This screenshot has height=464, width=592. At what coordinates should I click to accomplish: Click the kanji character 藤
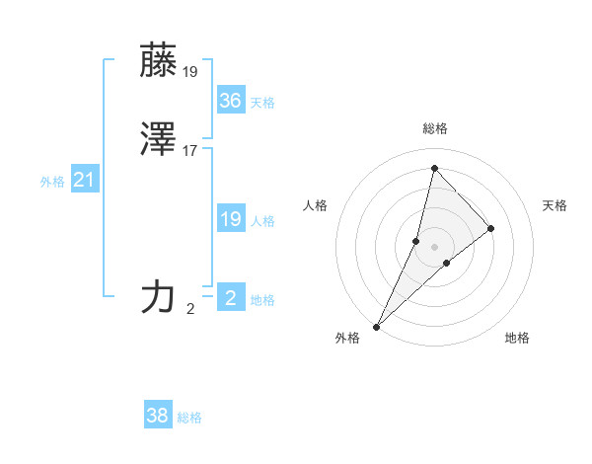point(158,61)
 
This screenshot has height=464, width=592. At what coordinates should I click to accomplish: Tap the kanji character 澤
point(158,140)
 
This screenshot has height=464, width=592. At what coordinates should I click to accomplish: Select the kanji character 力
point(158,296)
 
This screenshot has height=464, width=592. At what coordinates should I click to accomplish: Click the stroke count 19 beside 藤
point(189,71)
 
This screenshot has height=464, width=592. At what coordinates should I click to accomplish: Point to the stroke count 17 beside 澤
point(189,151)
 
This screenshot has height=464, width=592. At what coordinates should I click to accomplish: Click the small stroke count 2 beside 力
point(190,308)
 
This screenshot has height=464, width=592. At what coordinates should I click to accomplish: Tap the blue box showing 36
point(230,101)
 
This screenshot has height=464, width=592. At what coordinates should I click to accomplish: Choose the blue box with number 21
point(84,180)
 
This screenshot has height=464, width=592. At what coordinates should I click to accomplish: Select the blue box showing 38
point(158,416)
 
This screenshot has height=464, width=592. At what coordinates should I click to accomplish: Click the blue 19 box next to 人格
point(230,219)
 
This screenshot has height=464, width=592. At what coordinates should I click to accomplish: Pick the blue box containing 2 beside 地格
point(230,297)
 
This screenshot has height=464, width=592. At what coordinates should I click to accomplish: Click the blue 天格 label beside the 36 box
point(262,103)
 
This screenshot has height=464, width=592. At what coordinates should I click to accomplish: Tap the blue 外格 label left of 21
point(52,182)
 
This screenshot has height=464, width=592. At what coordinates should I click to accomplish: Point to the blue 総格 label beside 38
point(189,418)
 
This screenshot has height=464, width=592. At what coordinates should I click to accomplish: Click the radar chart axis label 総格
point(435,128)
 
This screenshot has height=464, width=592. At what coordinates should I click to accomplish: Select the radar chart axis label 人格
point(316,205)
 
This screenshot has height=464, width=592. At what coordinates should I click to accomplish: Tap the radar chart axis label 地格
point(517,338)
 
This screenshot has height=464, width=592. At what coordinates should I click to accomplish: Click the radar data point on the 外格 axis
point(376,326)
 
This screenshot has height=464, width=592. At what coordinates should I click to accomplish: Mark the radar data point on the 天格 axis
point(491,228)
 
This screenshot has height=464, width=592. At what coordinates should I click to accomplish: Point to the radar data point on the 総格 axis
point(434,168)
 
